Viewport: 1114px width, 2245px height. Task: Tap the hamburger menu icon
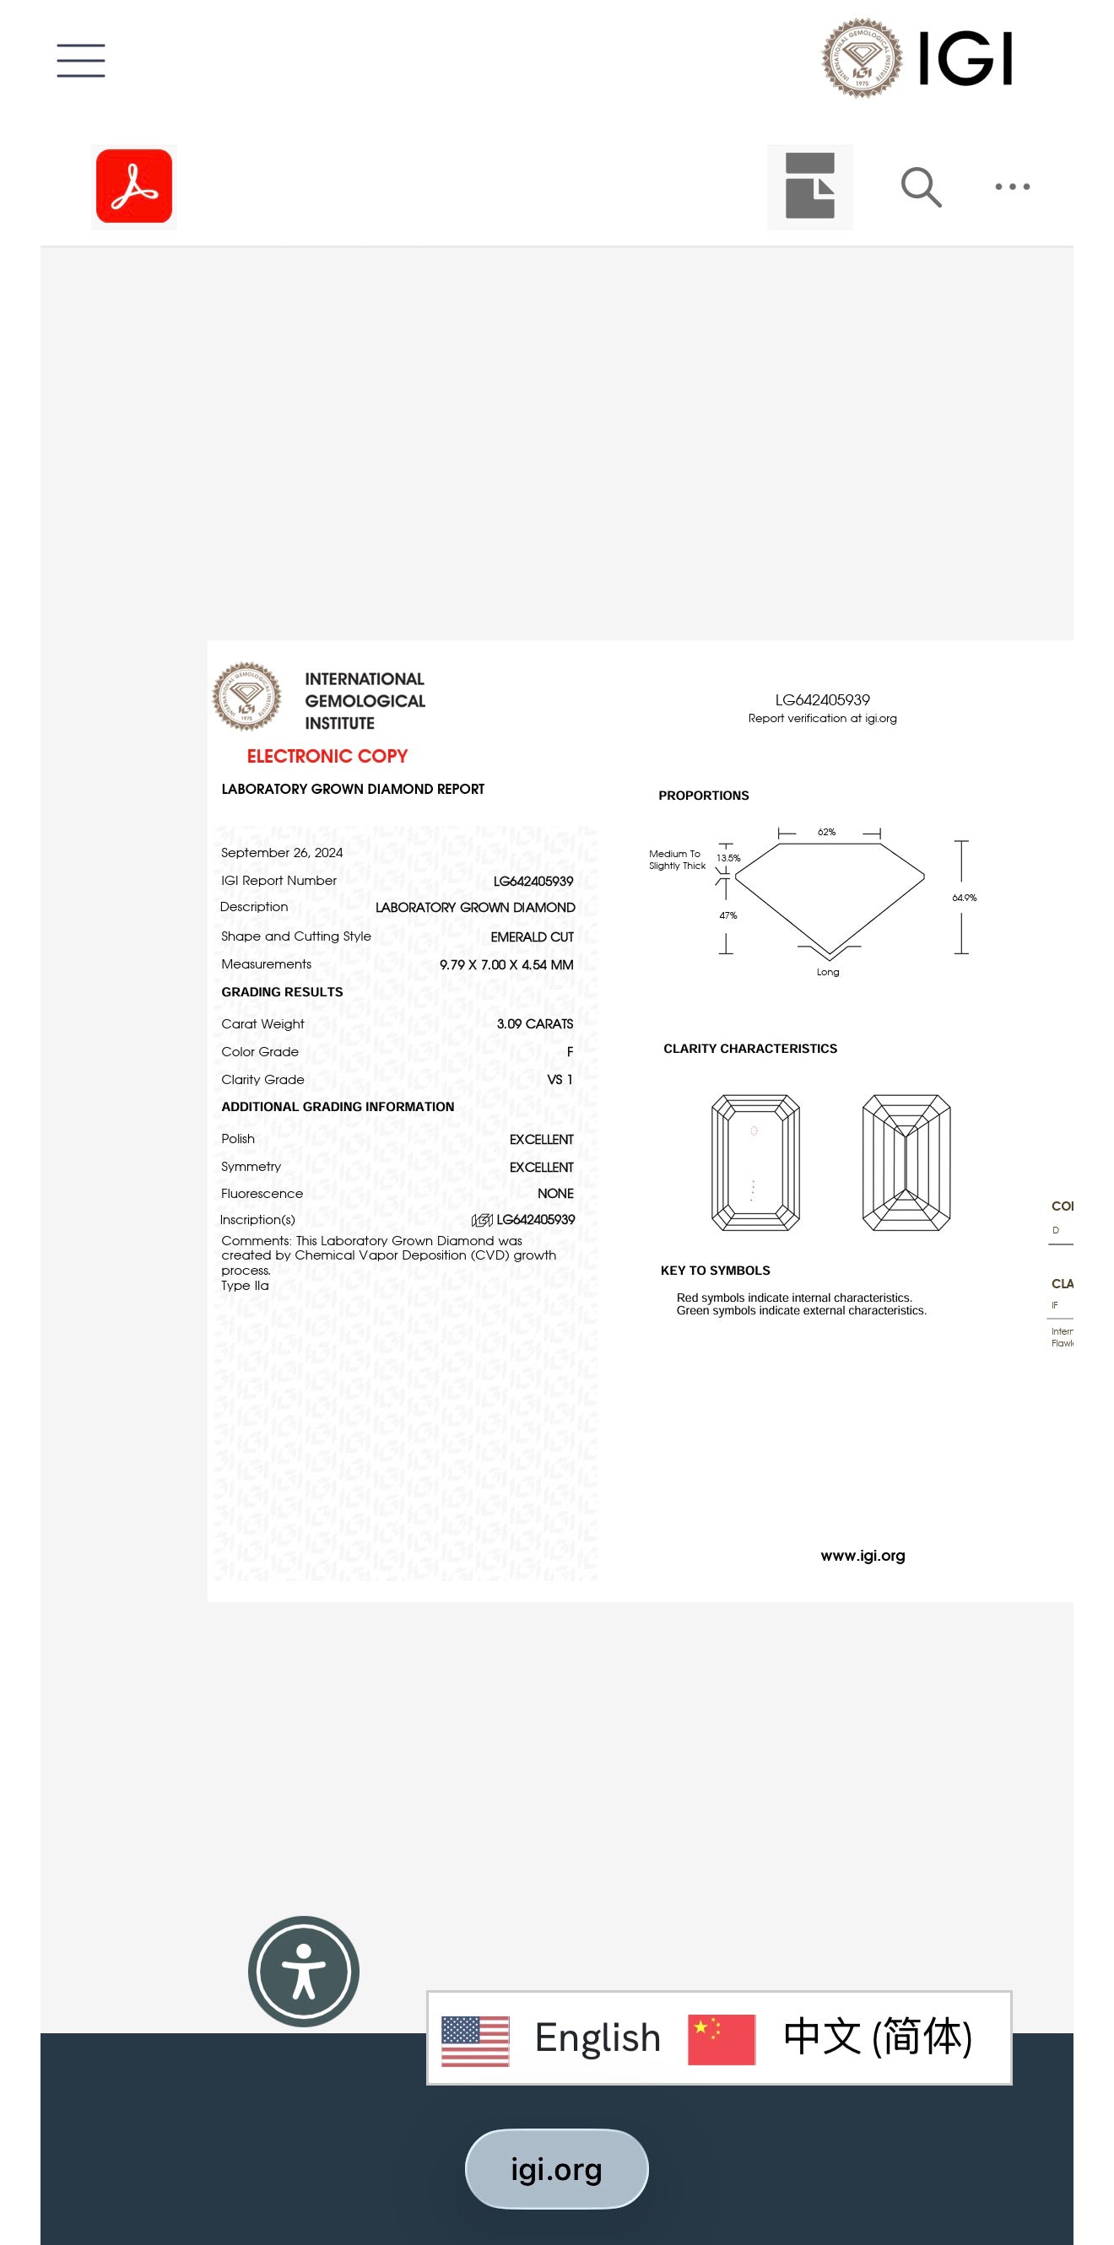(81, 60)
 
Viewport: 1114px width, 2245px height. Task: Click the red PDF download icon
(134, 186)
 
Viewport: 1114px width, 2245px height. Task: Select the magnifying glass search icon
(921, 187)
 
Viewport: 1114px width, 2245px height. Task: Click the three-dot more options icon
(1012, 186)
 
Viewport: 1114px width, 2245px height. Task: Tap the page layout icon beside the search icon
(810, 186)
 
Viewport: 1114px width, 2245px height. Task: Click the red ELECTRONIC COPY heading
(327, 757)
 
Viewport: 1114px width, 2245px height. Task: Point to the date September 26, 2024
(282, 852)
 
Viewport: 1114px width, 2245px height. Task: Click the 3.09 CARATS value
(534, 1024)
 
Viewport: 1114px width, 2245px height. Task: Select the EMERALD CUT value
(532, 936)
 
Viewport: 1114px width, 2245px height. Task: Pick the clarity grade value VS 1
(560, 1080)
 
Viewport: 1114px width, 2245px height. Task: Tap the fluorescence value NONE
(555, 1194)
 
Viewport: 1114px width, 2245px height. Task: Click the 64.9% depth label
(964, 898)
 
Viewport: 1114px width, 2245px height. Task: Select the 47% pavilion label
(727, 915)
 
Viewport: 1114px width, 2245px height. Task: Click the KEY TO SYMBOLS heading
(715, 1271)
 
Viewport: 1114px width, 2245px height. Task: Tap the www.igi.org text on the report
(863, 1556)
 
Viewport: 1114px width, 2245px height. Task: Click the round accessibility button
(303, 1972)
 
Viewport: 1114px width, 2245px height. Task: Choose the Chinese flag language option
(722, 2039)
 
